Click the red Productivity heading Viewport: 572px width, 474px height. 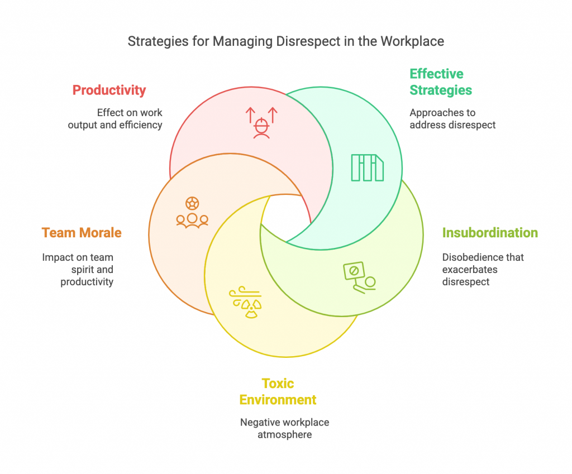point(109,90)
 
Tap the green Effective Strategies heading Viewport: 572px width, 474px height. point(441,82)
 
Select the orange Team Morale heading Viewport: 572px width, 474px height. point(82,233)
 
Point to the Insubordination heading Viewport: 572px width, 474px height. point(490,233)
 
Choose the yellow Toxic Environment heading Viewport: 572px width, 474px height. point(278,391)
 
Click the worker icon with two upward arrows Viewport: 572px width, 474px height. point(261,123)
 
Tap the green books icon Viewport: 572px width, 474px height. point(368,167)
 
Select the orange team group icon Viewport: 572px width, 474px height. point(192,213)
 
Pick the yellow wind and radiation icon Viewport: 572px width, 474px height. point(246,302)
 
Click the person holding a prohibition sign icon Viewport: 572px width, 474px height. point(360,277)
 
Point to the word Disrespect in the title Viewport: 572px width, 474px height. point(308,41)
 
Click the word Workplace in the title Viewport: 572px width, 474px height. point(412,41)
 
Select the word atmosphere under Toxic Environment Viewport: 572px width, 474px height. point(284,434)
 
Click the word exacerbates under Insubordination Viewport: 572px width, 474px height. point(470,270)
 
